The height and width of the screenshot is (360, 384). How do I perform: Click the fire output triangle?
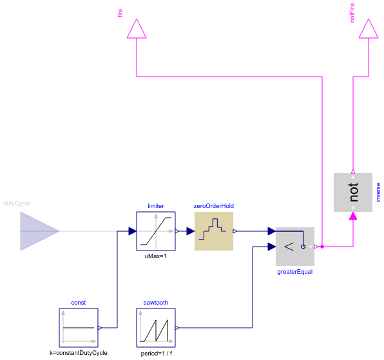click(136, 30)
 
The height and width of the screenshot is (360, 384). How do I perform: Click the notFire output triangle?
click(368, 30)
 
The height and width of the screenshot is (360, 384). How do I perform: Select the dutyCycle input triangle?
click(39, 231)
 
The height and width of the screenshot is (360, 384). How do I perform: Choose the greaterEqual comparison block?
click(294, 246)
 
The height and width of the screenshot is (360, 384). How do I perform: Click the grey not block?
click(352, 193)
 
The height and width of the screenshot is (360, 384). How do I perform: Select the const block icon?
click(78, 327)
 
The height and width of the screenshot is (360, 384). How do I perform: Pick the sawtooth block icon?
click(156, 327)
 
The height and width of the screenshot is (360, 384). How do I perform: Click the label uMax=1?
click(156, 256)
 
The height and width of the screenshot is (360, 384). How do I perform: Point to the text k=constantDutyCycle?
click(78, 353)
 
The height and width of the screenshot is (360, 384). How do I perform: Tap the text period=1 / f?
click(156, 353)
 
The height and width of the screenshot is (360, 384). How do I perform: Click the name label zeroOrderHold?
click(213, 206)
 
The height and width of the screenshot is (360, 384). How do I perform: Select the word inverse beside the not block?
click(378, 193)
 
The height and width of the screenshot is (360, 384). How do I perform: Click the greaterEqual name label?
click(294, 272)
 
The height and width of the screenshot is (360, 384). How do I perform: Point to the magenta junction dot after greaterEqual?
click(323, 246)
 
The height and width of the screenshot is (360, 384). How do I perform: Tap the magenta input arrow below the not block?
click(352, 217)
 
